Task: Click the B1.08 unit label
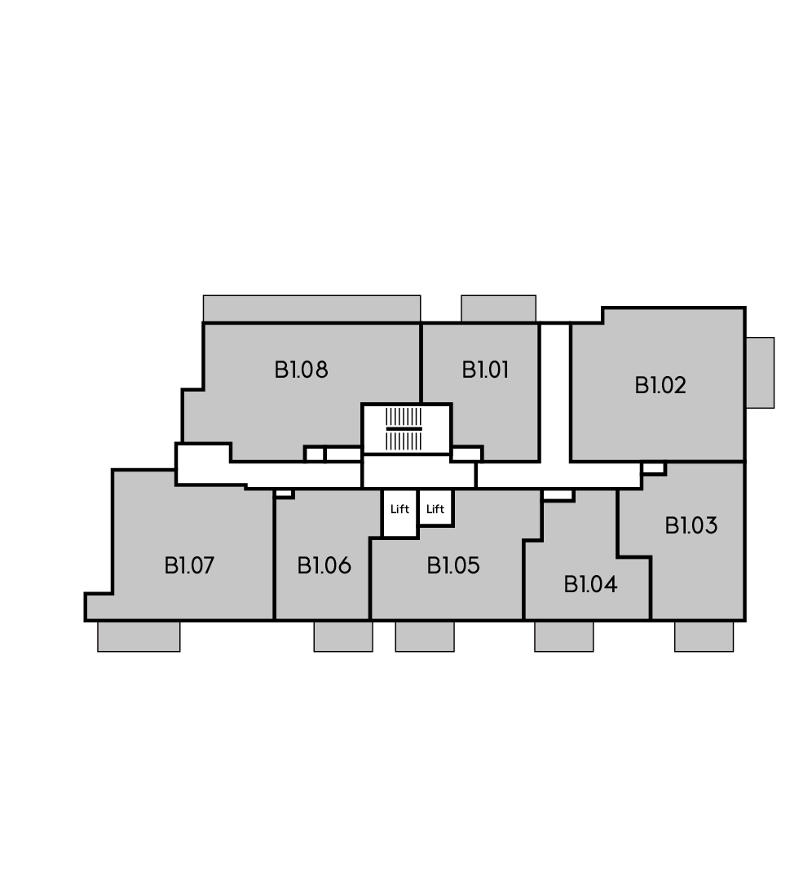301,370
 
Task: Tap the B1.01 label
485,370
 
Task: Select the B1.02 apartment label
660,385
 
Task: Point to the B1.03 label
691,526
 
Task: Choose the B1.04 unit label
591,584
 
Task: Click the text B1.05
453,565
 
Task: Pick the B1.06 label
324,565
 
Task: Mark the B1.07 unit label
189,565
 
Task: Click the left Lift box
399,513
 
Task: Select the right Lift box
435,507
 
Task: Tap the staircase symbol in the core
404,429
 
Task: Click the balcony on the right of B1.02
760,373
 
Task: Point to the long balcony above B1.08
311,308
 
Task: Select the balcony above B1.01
499,308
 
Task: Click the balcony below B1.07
139,636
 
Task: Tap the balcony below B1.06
343,636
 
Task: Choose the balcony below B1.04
563,636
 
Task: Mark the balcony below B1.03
704,636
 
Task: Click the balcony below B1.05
425,636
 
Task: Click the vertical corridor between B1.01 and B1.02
555,393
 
